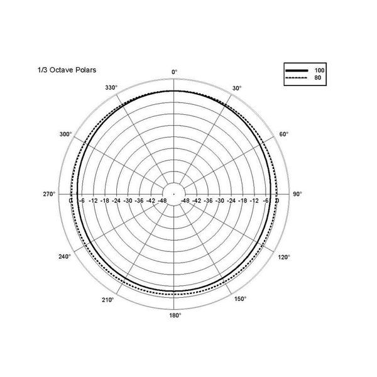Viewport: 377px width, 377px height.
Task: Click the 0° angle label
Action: coord(175,72)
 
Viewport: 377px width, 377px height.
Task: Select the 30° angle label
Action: coord(237,89)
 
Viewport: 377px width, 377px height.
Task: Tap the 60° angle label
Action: coord(283,134)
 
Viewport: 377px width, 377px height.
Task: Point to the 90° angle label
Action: coord(298,194)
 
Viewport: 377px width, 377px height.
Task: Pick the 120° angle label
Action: coord(284,256)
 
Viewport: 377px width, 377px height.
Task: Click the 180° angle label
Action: coord(175,315)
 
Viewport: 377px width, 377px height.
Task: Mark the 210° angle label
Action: coord(107,300)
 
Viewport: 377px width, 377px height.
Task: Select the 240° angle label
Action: coord(65,256)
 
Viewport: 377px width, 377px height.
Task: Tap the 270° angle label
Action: coord(50,194)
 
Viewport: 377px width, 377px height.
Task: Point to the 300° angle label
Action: coord(65,134)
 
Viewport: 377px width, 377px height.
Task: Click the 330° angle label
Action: coord(111,88)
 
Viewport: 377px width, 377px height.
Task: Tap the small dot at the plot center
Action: coord(175,194)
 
